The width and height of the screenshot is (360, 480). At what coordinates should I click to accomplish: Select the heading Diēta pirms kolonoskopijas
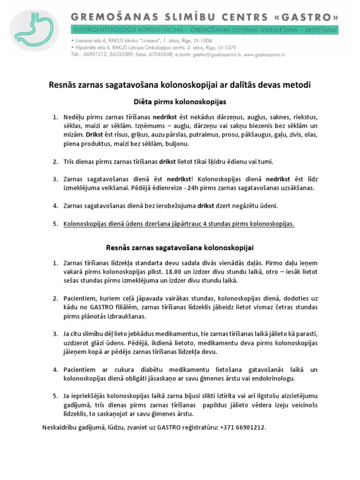180,101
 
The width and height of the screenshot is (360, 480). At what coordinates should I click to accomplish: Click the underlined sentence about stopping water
179,224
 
